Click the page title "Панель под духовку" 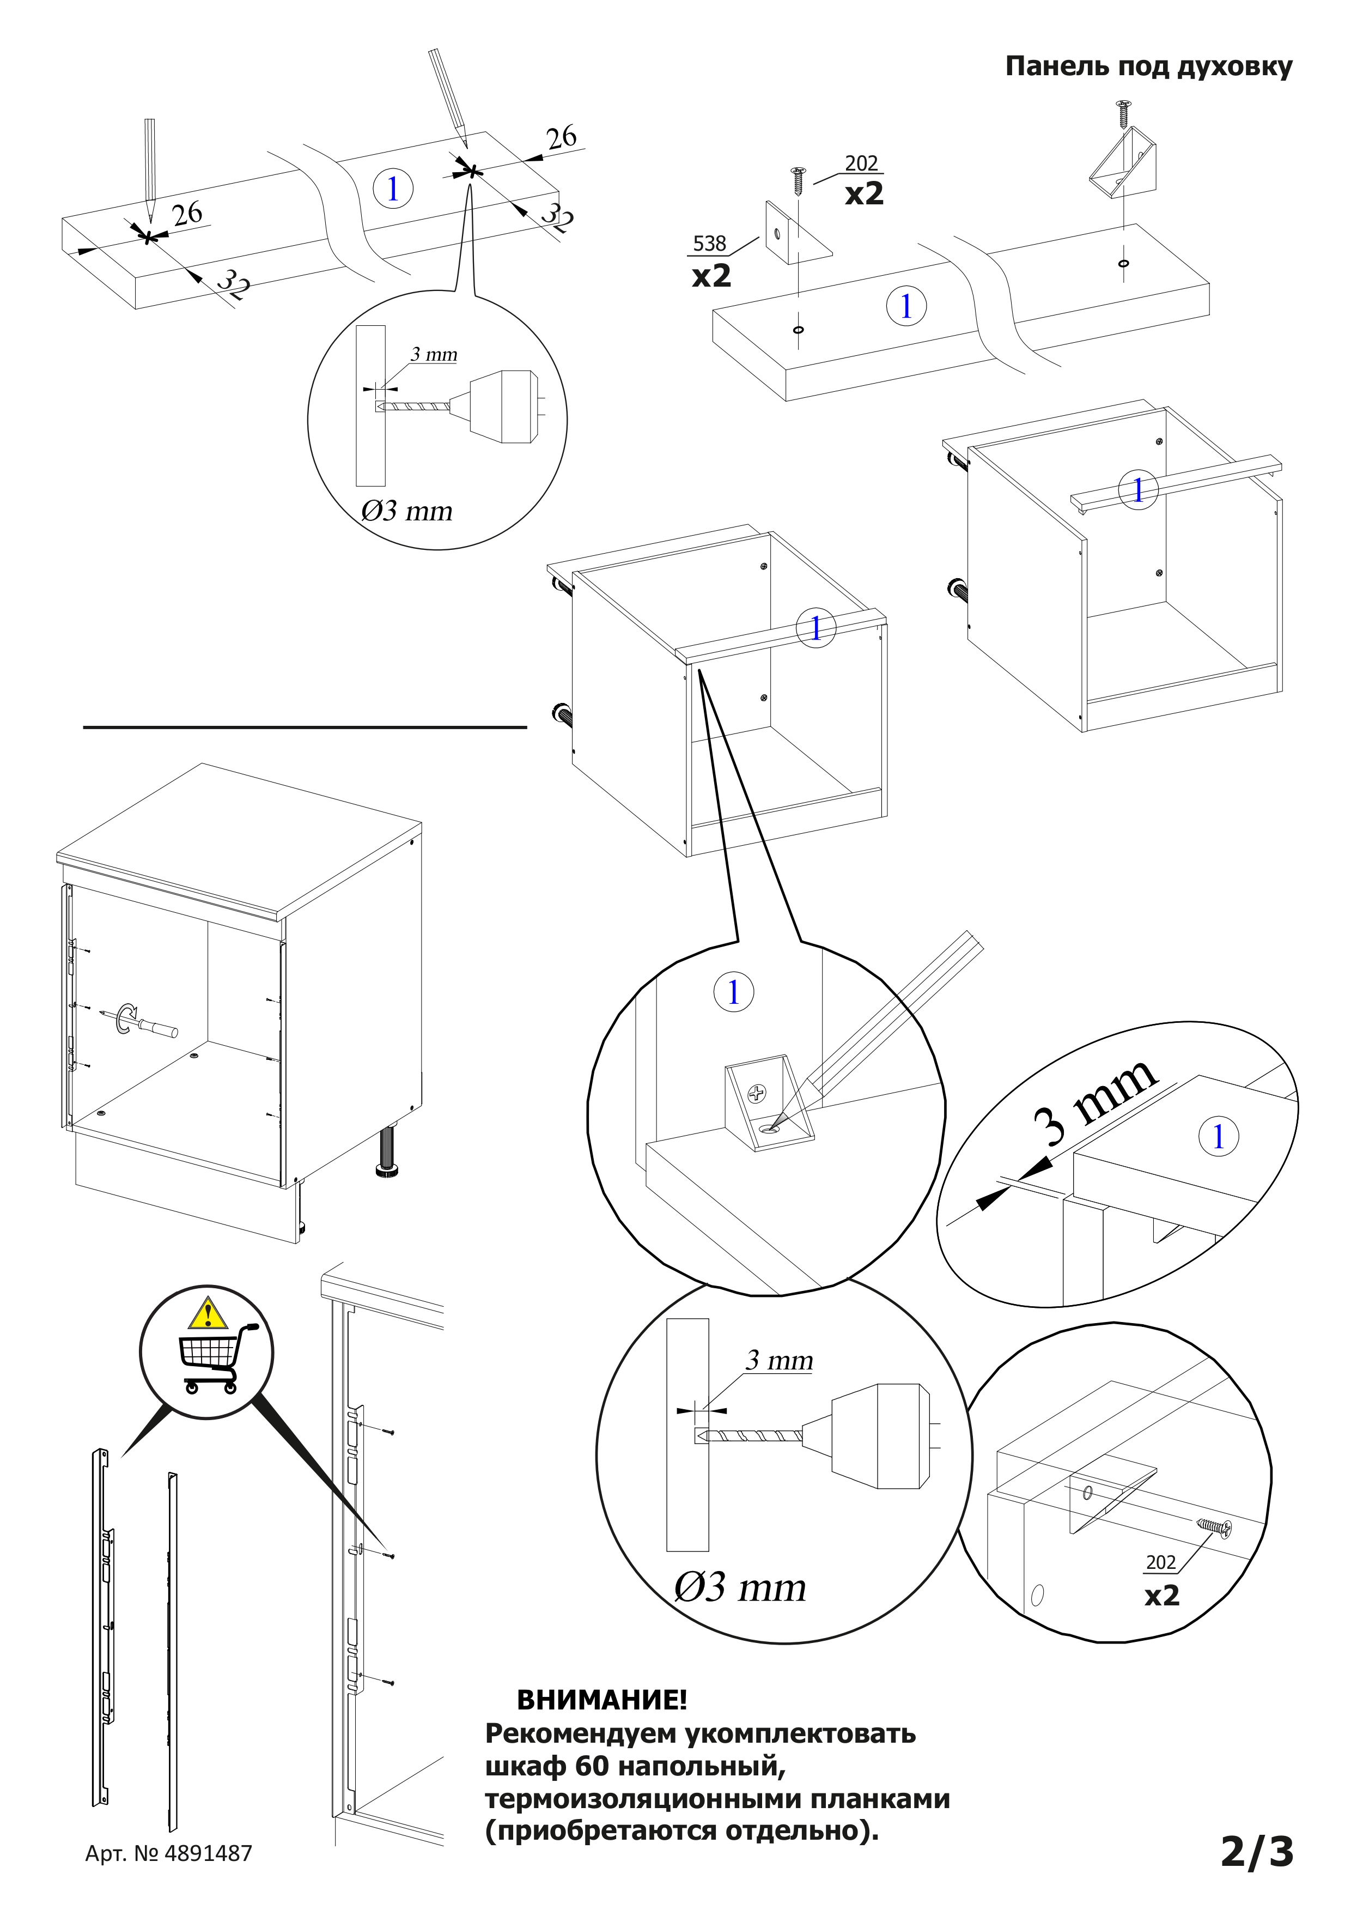click(x=1148, y=66)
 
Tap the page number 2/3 click(x=1256, y=1851)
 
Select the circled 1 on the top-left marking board click(x=393, y=189)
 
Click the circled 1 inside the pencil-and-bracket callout click(x=733, y=992)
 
